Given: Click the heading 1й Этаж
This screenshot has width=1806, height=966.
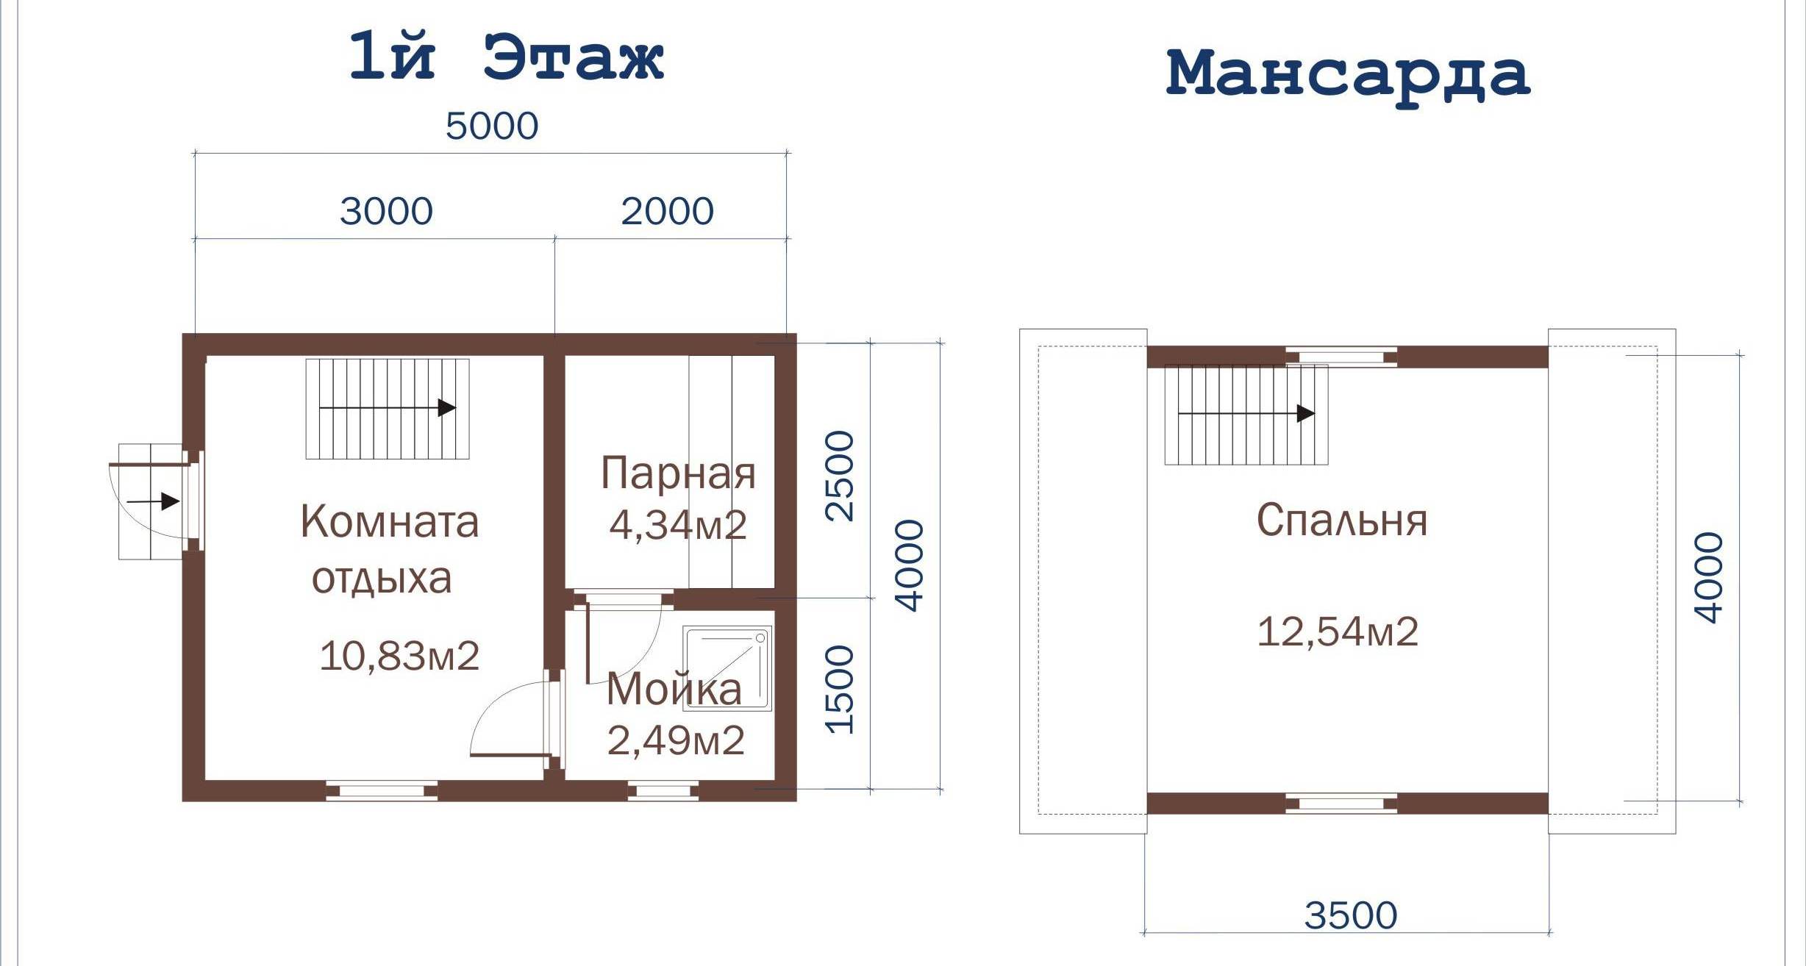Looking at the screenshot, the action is pyautogui.click(x=507, y=57).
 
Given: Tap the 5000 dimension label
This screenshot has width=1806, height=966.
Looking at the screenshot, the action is pyautogui.click(x=492, y=126).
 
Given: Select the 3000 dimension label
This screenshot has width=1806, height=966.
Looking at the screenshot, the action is pyautogui.click(x=386, y=212).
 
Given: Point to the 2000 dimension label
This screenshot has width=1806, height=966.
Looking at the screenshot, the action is pyautogui.click(x=667, y=212).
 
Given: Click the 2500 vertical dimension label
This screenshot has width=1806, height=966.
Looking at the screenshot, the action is pyautogui.click(x=840, y=476).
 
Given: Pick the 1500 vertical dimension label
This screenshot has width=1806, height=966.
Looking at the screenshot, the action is pyautogui.click(x=840, y=690).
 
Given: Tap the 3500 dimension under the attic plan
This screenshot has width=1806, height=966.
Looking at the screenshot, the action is pyautogui.click(x=1350, y=915).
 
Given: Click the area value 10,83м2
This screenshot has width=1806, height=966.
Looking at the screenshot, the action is pyautogui.click(x=399, y=656).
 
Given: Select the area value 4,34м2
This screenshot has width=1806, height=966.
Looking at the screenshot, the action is pyautogui.click(x=678, y=525).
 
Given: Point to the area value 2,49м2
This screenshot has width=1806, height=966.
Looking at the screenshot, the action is pyautogui.click(x=676, y=740).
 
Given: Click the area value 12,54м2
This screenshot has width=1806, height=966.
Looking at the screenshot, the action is pyautogui.click(x=1338, y=632).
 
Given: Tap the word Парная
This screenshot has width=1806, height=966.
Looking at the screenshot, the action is pyautogui.click(x=678, y=474).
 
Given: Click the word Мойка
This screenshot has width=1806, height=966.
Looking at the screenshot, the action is pyautogui.click(x=674, y=690).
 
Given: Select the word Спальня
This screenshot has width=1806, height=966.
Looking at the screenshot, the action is pyautogui.click(x=1341, y=520).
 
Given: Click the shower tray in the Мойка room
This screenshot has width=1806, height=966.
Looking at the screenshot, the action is pyautogui.click(x=727, y=668).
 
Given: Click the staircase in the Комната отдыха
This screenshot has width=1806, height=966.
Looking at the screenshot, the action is pyautogui.click(x=388, y=409).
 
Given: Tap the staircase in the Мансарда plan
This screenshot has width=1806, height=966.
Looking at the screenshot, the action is pyautogui.click(x=1246, y=415).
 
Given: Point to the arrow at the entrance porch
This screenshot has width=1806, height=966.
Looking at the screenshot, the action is pyautogui.click(x=153, y=501).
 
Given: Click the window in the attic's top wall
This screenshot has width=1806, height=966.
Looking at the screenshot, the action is pyautogui.click(x=1341, y=357).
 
